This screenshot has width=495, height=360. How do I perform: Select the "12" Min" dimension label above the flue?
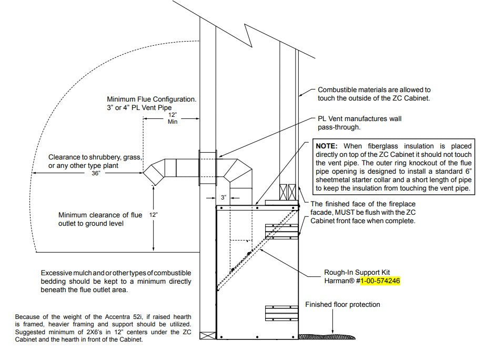pyautogui.click(x=172, y=118)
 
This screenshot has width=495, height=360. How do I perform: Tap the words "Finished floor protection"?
pyautogui.click(x=342, y=305)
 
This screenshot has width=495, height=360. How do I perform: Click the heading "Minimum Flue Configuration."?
pyautogui.click(x=151, y=99)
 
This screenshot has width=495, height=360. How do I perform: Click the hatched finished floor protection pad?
pyautogui.click(x=326, y=335)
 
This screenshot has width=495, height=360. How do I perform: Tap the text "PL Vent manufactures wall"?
pyautogui.click(x=359, y=119)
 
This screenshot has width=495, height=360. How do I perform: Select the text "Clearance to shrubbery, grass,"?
pyautogui.click(x=95, y=157)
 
